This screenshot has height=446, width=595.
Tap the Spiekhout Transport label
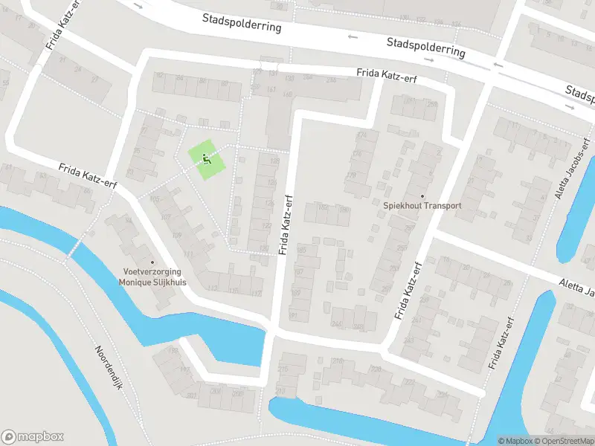point(422,206)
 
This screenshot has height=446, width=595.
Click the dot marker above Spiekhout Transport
point(422,197)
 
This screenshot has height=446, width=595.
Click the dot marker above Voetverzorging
point(152,262)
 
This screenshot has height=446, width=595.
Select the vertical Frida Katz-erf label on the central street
point(286,225)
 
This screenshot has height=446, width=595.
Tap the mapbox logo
point(33,437)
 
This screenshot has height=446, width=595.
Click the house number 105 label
point(155,199)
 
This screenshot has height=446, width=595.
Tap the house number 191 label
point(292,317)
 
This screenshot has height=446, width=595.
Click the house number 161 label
point(271,90)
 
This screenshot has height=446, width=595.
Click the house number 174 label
point(362,135)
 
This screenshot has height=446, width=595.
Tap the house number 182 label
point(323,207)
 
